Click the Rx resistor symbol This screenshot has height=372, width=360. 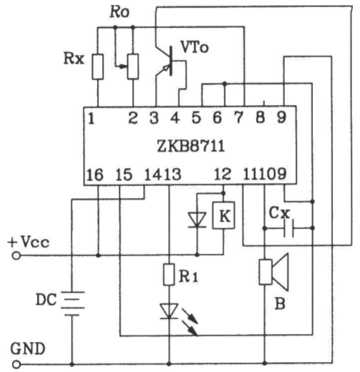coord(98,67)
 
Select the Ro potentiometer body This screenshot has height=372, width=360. coord(133,67)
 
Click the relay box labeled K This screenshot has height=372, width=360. coord(223,215)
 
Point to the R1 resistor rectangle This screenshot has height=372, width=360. coord(169,275)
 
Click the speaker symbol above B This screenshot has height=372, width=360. coord(273,272)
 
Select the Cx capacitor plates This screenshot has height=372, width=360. coord(288,228)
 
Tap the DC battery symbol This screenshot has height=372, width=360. coord(72,303)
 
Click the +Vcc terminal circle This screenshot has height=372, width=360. coord(16,256)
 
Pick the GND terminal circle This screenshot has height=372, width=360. coord(16,365)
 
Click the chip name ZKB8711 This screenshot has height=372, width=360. coord(190,146)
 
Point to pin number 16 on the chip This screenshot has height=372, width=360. coord(95,175)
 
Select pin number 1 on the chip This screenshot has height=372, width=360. coord(91,119)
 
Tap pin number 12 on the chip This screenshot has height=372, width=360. coord(223,174)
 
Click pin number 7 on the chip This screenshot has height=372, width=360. coord(239,118)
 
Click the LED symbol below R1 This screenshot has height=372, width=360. coord(169,311)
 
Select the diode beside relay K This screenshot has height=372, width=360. coord(197,220)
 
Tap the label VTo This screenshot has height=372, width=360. coord(195,47)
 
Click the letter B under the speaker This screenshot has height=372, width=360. coord(280,304)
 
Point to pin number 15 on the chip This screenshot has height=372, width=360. coord(124,175)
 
